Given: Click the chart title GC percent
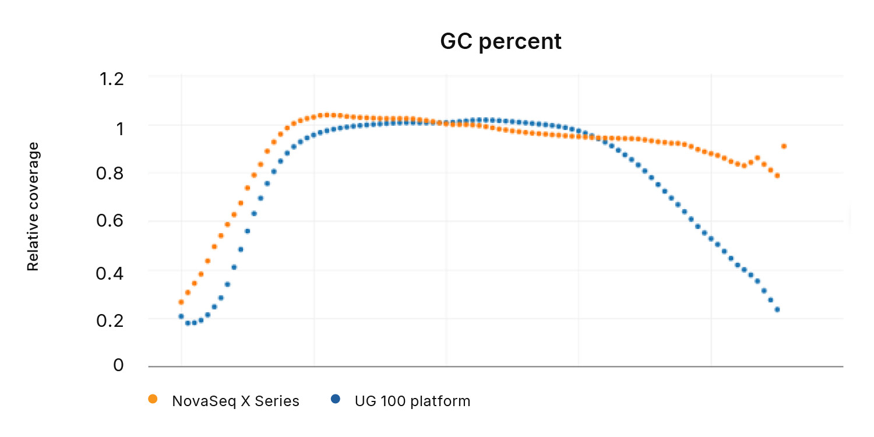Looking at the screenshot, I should pyautogui.click(x=501, y=42).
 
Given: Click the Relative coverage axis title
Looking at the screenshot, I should pyautogui.click(x=33, y=206).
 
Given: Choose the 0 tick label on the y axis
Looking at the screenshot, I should pyautogui.click(x=119, y=365).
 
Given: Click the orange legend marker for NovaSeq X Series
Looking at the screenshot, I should pyautogui.click(x=153, y=399).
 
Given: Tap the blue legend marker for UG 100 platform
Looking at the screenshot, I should pyautogui.click(x=335, y=399).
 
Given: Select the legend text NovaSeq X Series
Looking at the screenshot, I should pyautogui.click(x=235, y=401).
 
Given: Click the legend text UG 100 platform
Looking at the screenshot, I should pyautogui.click(x=413, y=401).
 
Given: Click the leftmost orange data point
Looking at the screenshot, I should pyautogui.click(x=181, y=302).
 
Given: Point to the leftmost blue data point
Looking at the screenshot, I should pyautogui.click(x=181, y=316).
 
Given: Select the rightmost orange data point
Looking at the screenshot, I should pyautogui.click(x=784, y=146).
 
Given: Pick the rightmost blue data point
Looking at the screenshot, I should pyautogui.click(x=777, y=309).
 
